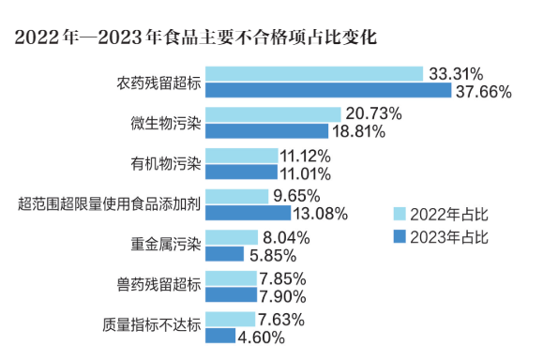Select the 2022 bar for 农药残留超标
point(313,74)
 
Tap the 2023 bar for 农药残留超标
point(328,91)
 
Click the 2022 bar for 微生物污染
point(273,114)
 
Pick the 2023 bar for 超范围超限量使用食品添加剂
point(249,213)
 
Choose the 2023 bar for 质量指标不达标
point(220,336)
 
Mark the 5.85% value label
point(265,254)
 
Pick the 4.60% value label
point(264,337)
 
